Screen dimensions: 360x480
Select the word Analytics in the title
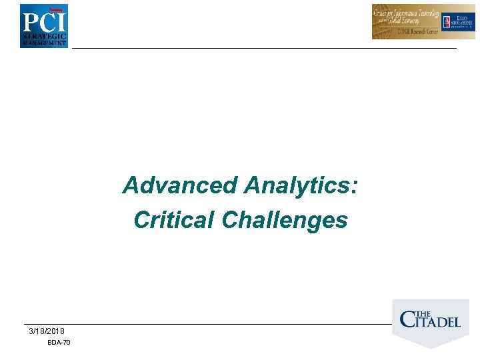pyautogui.click(x=295, y=185)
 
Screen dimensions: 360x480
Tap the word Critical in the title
pyautogui.click(x=175, y=220)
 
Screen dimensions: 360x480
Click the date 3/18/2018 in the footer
pyautogui.click(x=47, y=331)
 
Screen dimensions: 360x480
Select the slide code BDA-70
pyautogui.click(x=59, y=343)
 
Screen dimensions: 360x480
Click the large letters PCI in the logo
pyautogui.click(x=43, y=21)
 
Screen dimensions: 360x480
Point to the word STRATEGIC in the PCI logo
pyautogui.click(x=44, y=35)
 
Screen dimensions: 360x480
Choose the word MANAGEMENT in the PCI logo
pyautogui.click(x=44, y=43)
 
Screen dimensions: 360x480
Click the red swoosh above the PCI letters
pyautogui.click(x=58, y=10)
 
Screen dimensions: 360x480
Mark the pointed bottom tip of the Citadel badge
pyautogui.click(x=431, y=347)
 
